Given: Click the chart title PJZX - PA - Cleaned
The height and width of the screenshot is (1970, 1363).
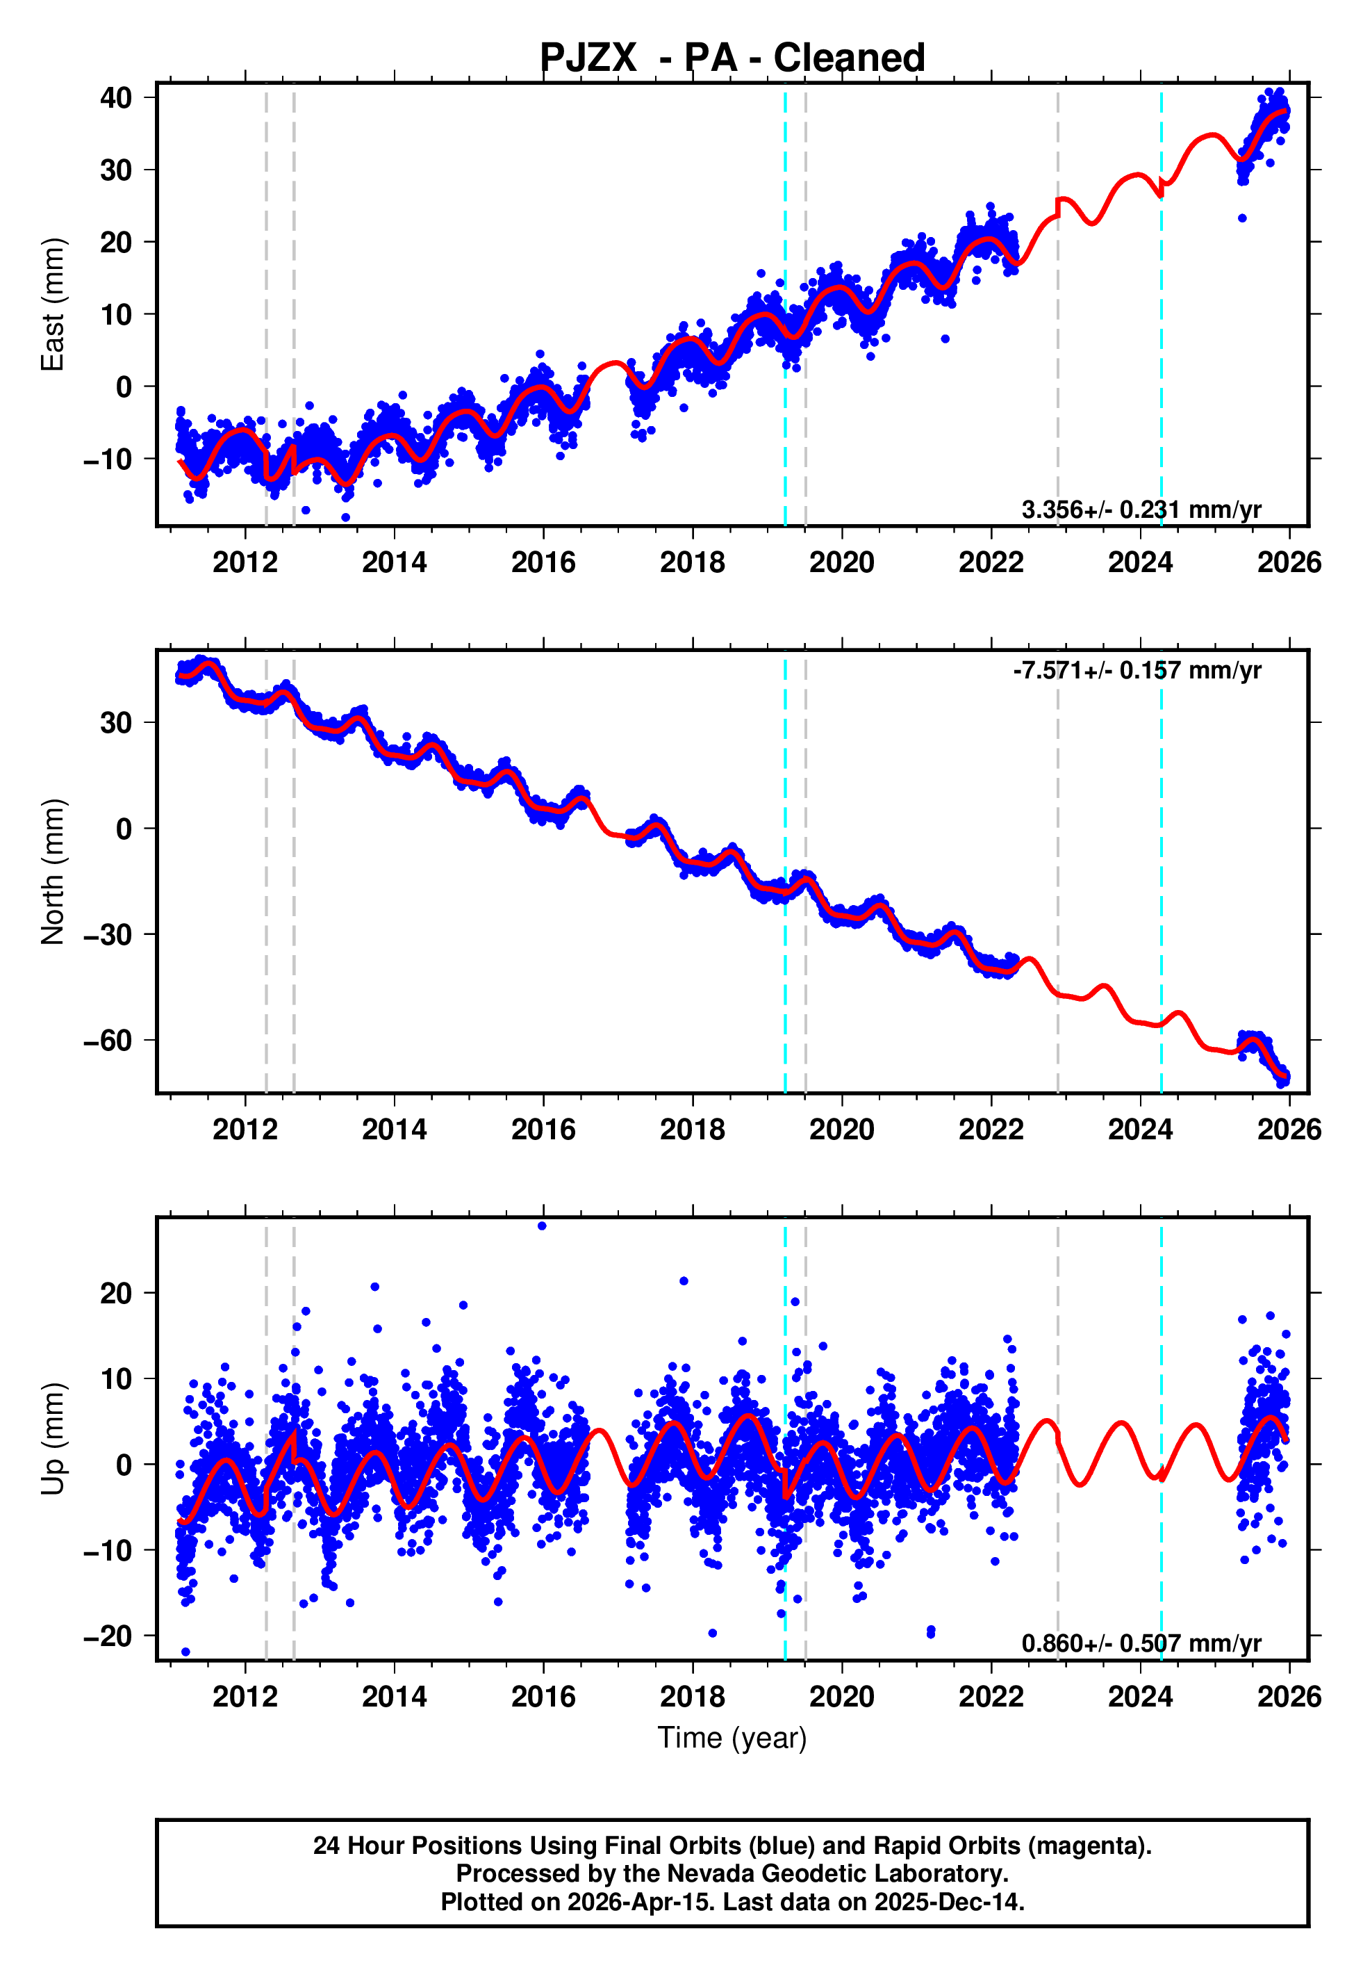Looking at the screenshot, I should click(x=732, y=58).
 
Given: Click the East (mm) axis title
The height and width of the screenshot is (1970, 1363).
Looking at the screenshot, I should click(x=53, y=304).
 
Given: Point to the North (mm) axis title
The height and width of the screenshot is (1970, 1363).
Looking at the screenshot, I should click(x=53, y=872).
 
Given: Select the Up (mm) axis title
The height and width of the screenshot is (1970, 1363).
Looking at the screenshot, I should click(x=53, y=1439).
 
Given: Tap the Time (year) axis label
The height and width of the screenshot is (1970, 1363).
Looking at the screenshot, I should click(x=732, y=1738).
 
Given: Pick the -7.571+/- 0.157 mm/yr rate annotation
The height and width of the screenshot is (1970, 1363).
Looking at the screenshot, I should click(x=1137, y=671).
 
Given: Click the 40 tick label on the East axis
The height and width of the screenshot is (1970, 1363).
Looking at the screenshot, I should click(x=116, y=97).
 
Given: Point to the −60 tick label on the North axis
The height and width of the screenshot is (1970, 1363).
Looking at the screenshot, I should click(x=108, y=1041).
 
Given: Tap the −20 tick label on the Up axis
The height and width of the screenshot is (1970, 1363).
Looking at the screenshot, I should click(x=108, y=1635).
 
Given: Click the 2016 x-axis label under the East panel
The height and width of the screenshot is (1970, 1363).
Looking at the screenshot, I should click(x=543, y=562).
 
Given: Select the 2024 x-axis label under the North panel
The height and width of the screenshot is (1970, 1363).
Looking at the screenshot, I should click(x=1140, y=1130).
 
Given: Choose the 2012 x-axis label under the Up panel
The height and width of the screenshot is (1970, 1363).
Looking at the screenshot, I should click(x=245, y=1697).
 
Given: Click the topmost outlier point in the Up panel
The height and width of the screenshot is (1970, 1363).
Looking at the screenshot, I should click(x=541, y=1226).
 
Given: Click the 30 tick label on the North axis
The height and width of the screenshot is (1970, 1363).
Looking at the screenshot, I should click(x=116, y=723).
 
